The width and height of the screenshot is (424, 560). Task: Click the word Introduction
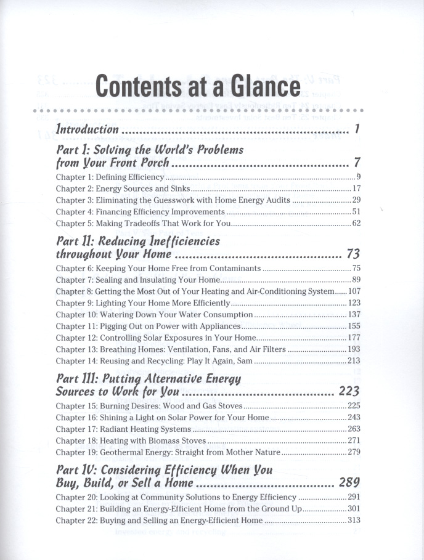pyautogui.click(x=87, y=129)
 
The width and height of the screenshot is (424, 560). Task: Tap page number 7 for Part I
pyautogui.click(x=357, y=163)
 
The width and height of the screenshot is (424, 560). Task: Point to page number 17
pyautogui.click(x=356, y=189)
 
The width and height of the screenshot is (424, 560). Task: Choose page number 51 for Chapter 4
pyautogui.click(x=356, y=212)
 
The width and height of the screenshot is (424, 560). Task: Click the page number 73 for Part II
pyautogui.click(x=353, y=254)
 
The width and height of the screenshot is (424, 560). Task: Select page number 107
pyautogui.click(x=354, y=291)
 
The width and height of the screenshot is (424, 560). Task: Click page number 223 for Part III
pyautogui.click(x=349, y=392)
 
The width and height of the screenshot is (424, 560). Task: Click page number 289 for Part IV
pyautogui.click(x=349, y=482)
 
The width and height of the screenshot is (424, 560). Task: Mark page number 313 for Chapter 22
pyautogui.click(x=354, y=521)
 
